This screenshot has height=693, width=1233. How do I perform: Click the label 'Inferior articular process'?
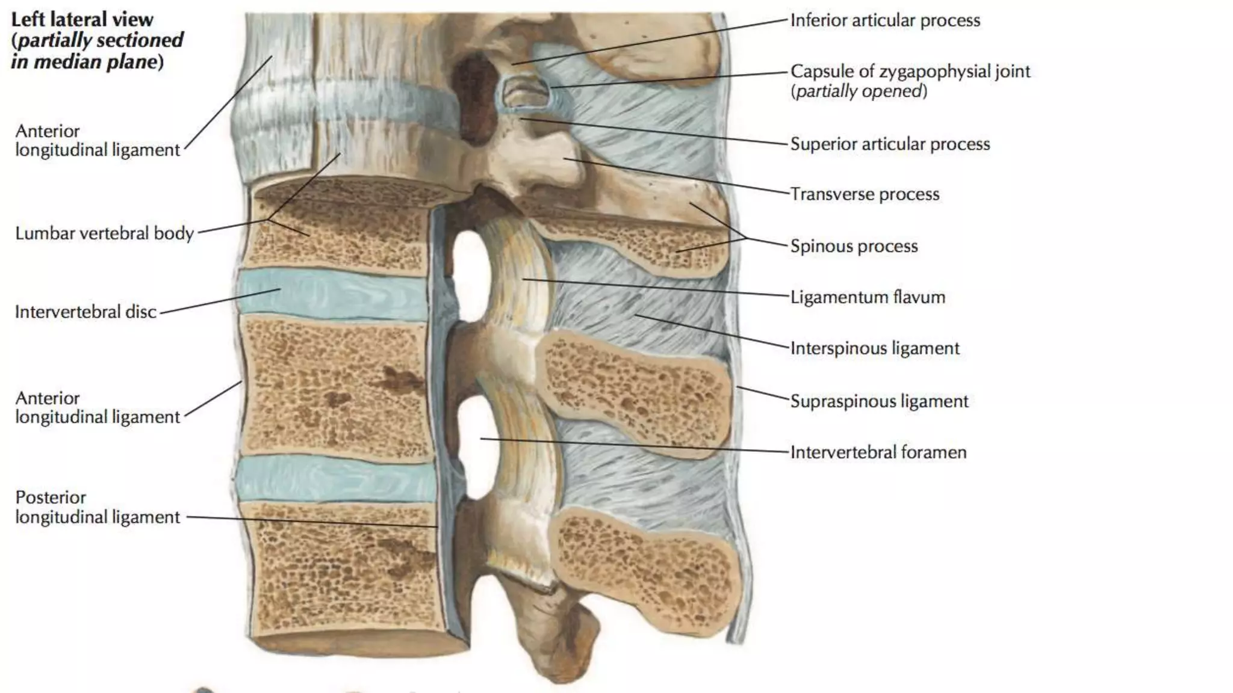pyautogui.click(x=885, y=20)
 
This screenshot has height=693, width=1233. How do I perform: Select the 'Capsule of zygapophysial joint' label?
pyautogui.click(x=910, y=72)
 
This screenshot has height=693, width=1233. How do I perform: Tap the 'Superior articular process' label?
pyautogui.click(x=890, y=144)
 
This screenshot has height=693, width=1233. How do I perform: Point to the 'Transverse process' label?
pyautogui.click(x=865, y=194)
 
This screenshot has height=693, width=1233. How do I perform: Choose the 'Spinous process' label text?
pyautogui.click(x=854, y=246)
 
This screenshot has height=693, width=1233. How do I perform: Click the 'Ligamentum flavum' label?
pyautogui.click(x=868, y=297)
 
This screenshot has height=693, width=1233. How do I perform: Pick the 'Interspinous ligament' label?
pyautogui.click(x=875, y=348)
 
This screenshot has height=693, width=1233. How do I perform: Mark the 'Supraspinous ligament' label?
pyautogui.click(x=879, y=401)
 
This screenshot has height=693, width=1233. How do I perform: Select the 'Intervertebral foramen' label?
pyautogui.click(x=878, y=452)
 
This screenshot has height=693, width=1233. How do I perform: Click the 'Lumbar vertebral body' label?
pyautogui.click(x=104, y=233)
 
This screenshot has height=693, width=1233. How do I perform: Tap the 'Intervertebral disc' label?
pyautogui.click(x=85, y=312)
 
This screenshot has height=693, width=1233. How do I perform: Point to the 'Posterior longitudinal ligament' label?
pyautogui.click(x=97, y=507)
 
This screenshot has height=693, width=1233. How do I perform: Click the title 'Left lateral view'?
pyautogui.click(x=82, y=19)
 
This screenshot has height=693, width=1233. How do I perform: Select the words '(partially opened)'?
pyautogui.click(x=859, y=91)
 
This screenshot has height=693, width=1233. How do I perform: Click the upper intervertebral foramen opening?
pyautogui.click(x=468, y=274)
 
